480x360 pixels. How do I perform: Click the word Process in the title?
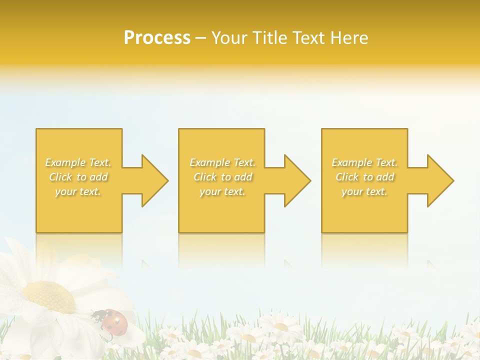157,38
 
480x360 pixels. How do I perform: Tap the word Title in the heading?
268,38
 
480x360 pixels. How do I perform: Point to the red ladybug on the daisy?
114,320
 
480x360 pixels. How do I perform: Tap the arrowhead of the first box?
154,180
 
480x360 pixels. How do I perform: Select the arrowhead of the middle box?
297,180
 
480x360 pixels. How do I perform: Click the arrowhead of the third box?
439,180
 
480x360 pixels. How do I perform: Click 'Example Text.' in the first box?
78,162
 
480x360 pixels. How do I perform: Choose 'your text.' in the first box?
78,191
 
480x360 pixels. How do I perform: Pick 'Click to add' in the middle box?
222,177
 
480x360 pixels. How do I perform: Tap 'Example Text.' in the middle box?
222,162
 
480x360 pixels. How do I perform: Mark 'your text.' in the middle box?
222,191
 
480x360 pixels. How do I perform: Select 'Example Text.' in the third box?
364,162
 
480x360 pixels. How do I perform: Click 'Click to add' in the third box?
364,177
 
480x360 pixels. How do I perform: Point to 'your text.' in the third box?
364,191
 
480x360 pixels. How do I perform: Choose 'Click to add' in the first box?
78,177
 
